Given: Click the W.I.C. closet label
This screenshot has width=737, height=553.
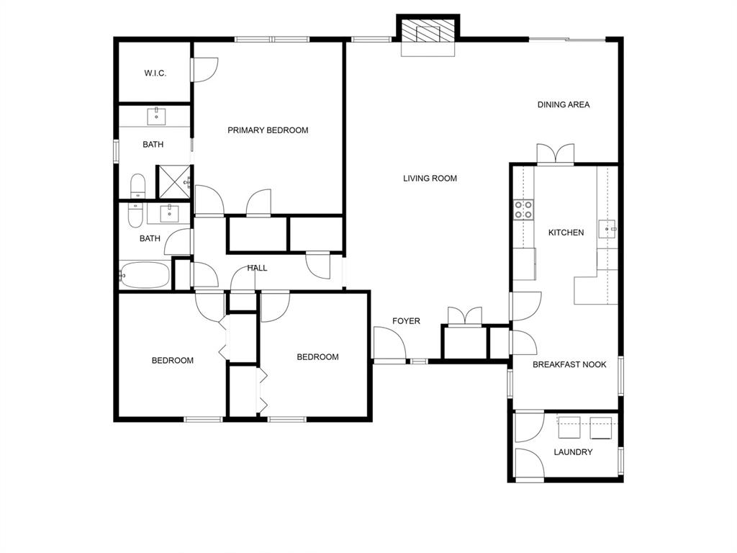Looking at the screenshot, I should click(155, 73).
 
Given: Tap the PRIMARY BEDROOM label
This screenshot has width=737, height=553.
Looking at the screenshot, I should click(268, 130).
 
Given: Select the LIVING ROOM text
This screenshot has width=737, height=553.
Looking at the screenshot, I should click(430, 179).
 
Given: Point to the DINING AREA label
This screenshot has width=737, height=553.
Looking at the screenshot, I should click(564, 105).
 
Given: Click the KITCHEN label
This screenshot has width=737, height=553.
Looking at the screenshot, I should click(566, 233).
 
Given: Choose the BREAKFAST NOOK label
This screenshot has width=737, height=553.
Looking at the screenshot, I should click(569, 365).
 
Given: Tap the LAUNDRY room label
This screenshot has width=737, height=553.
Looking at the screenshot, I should click(573, 452).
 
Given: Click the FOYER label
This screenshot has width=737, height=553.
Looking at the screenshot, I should click(406, 321).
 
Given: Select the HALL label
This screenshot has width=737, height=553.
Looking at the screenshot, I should click(257, 269).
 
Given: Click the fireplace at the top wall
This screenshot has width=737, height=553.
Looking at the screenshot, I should click(429, 33).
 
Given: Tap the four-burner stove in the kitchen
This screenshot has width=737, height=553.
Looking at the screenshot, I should click(523, 210).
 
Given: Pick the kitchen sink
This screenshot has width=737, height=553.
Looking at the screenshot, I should click(609, 230).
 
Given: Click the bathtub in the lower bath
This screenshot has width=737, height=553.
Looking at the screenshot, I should click(145, 275).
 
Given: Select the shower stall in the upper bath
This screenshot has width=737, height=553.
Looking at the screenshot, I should click(173, 181).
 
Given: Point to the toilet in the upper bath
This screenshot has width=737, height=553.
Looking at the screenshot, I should click(137, 186).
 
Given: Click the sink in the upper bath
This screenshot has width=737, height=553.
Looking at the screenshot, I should click(157, 116).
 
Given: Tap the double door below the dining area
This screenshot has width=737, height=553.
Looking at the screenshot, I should click(555, 154).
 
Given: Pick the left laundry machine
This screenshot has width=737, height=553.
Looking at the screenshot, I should click(570, 428).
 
